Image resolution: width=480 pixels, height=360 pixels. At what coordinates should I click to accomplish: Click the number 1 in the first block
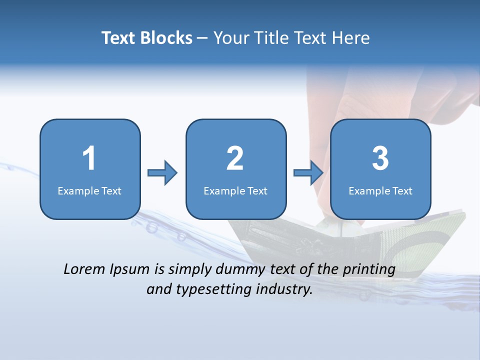point(89,158)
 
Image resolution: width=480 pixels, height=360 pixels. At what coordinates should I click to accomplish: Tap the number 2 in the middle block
point(235,158)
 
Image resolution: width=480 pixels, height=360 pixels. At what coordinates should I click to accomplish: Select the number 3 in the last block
point(380,158)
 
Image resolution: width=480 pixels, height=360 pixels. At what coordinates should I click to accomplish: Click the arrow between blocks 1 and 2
point(162,173)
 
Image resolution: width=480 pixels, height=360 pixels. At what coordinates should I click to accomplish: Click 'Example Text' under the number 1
point(89,190)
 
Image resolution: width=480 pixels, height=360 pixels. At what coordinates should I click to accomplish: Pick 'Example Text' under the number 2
point(235,190)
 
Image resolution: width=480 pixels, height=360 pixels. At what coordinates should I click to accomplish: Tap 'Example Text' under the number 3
point(380,190)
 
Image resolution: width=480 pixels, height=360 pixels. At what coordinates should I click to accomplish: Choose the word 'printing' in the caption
point(369,270)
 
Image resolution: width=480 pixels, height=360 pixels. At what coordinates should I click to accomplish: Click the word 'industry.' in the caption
point(284,289)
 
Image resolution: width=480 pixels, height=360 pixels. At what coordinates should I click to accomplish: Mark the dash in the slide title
point(202,38)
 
